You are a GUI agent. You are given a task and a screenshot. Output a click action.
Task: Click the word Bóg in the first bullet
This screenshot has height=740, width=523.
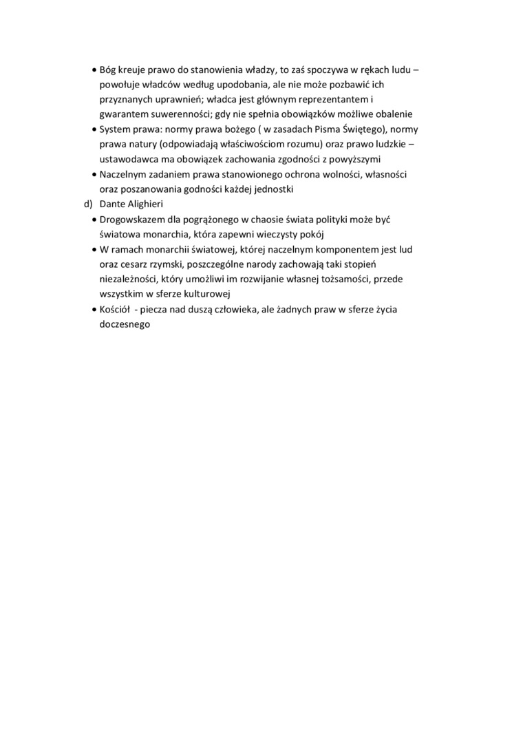pos(109,70)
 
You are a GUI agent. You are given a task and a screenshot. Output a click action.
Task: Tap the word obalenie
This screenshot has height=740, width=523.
pos(392,114)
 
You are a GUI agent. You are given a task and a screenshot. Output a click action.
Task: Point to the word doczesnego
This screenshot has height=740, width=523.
pos(124,324)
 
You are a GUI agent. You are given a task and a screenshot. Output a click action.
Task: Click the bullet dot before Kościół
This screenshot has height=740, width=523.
pos(94,310)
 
